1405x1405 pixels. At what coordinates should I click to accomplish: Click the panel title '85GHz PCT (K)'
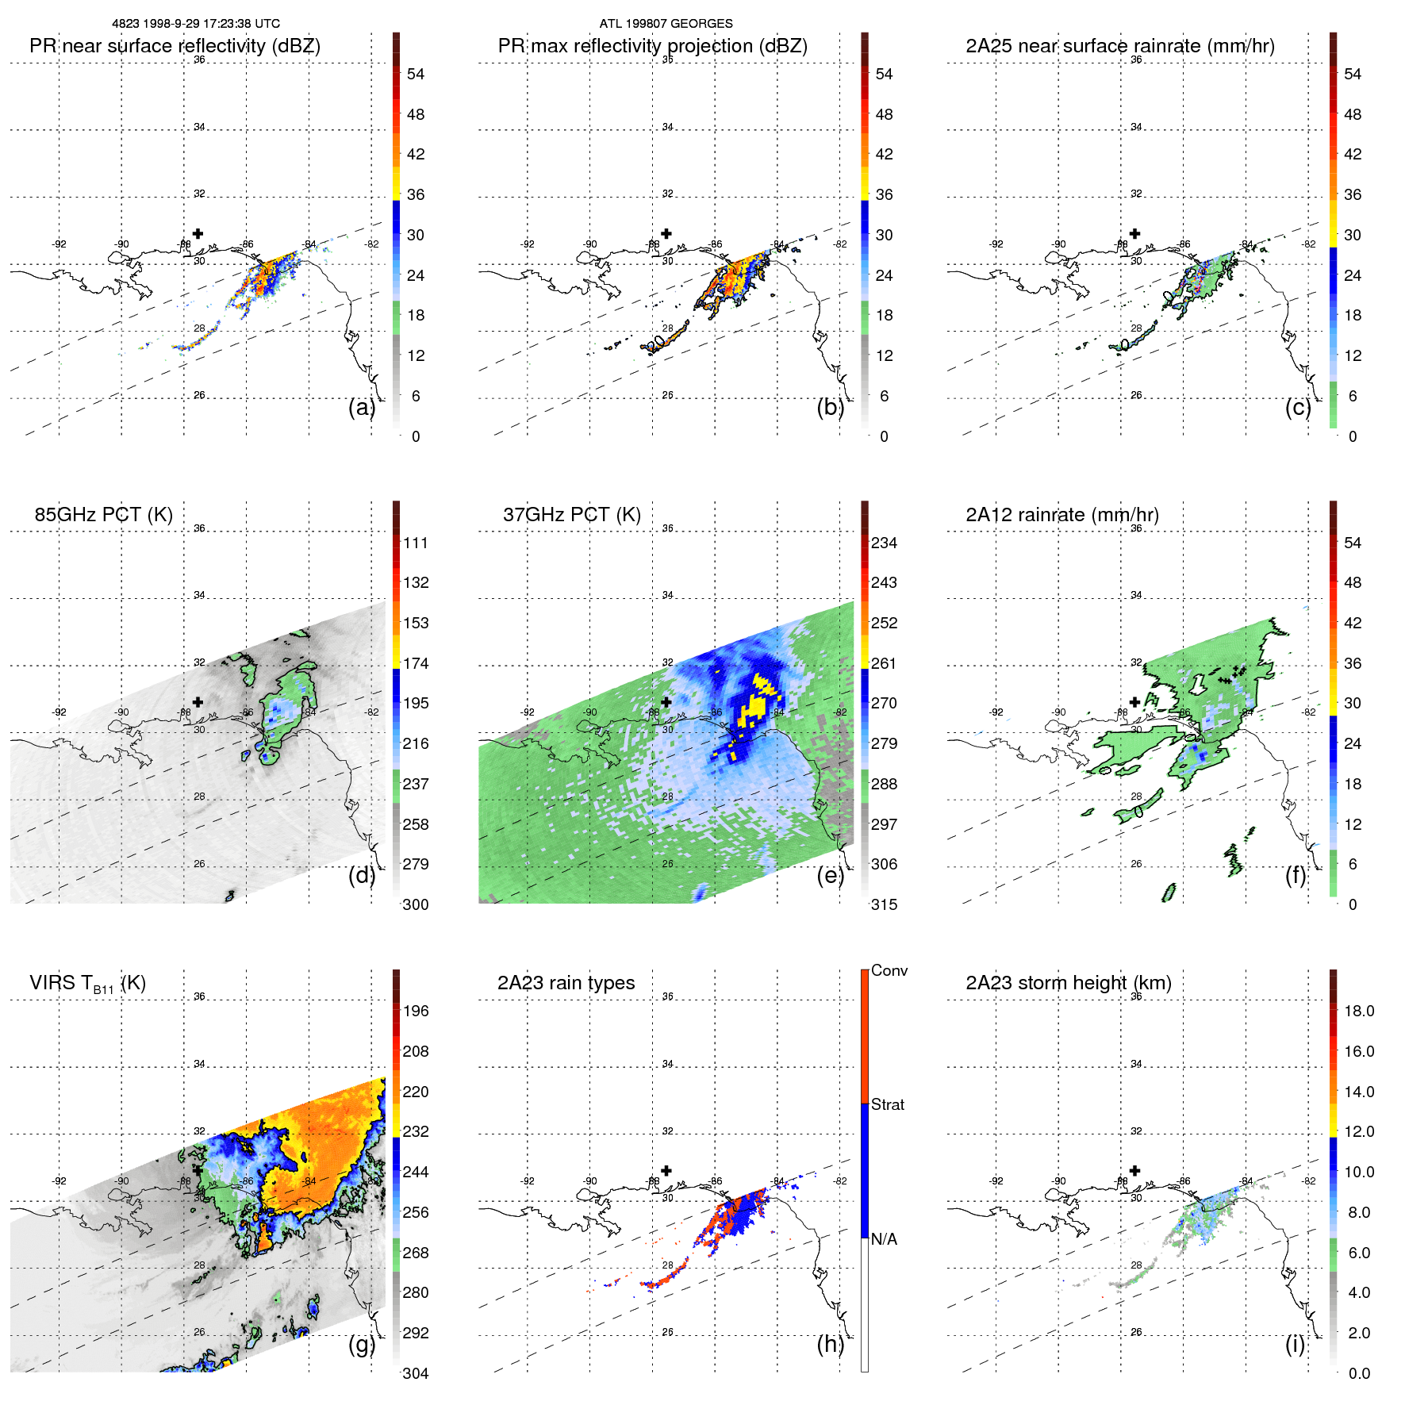click(x=103, y=515)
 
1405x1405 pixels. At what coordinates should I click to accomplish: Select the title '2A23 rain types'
click(x=566, y=983)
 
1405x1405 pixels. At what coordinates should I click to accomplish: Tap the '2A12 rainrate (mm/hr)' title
click(x=1061, y=515)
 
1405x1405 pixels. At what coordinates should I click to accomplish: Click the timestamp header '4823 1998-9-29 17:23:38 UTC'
click(x=195, y=24)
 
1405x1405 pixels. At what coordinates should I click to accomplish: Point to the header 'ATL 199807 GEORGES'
click(x=666, y=24)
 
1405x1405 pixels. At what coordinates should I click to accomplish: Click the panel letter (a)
click(x=361, y=407)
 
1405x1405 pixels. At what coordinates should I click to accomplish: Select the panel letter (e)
click(x=830, y=875)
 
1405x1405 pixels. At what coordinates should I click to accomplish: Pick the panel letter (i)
click(x=1295, y=1344)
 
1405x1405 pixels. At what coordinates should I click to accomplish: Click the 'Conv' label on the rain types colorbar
click(x=889, y=970)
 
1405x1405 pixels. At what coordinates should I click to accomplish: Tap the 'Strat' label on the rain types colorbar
click(x=887, y=1104)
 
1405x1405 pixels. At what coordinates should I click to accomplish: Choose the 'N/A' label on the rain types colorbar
click(x=884, y=1239)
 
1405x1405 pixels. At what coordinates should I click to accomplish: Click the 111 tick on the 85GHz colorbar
click(x=415, y=543)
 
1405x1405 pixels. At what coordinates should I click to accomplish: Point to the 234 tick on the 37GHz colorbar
click(x=884, y=543)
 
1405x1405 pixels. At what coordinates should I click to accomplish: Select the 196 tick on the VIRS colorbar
click(x=415, y=1011)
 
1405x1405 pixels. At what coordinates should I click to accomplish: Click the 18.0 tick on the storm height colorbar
click(x=1358, y=1011)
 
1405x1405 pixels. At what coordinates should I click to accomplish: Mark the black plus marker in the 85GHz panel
click(x=198, y=702)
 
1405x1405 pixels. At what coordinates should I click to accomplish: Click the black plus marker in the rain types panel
click(x=666, y=1170)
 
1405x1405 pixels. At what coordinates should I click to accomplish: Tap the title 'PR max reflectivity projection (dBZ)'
click(x=652, y=46)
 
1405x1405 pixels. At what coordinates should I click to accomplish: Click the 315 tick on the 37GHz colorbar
click(x=884, y=904)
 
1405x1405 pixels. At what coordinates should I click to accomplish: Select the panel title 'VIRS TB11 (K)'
click(x=87, y=984)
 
